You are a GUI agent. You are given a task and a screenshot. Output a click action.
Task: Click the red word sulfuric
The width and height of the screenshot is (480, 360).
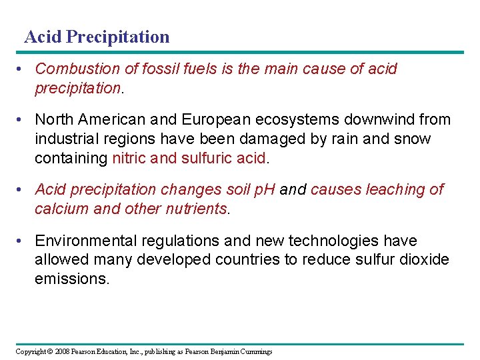tap(210, 158)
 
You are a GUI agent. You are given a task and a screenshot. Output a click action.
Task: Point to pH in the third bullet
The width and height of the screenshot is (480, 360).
tap(264, 189)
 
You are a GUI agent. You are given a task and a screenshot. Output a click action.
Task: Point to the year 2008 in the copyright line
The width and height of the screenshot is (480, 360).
tap(63, 351)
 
